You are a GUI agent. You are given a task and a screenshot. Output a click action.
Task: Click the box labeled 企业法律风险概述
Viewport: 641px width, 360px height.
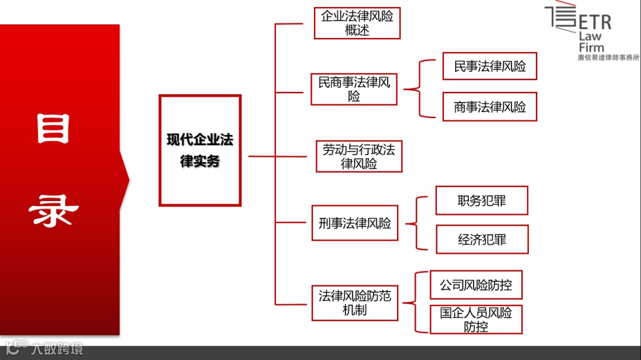click(x=357, y=23)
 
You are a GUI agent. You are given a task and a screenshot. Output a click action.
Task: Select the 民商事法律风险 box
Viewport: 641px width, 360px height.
click(x=354, y=89)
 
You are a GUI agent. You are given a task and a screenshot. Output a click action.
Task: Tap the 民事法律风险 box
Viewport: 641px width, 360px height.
click(x=490, y=66)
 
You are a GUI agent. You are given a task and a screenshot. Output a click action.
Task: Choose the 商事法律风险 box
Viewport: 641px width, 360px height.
click(x=490, y=107)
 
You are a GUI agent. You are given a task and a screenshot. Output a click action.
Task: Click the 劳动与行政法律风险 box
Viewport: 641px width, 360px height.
click(x=358, y=157)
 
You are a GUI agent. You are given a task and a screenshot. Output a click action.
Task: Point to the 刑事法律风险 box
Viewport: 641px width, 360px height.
click(x=354, y=224)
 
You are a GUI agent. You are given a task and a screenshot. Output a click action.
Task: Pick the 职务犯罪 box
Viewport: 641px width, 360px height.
click(x=481, y=200)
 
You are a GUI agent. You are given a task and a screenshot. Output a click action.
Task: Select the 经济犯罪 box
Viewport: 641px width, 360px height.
click(x=481, y=240)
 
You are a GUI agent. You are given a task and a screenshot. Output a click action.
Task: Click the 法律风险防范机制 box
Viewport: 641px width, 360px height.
click(x=354, y=302)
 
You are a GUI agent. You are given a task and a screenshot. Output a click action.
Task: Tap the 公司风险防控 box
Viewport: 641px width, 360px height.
click(x=475, y=285)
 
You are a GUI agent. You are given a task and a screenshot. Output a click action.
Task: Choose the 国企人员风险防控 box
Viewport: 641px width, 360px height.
click(x=475, y=319)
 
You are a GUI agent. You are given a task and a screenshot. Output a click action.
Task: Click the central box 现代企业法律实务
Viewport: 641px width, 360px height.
click(x=199, y=151)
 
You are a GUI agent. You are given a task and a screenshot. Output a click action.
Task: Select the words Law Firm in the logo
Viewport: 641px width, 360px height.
click(x=591, y=42)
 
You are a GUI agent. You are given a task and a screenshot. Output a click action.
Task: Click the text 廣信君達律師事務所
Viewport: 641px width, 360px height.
click(x=608, y=58)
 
